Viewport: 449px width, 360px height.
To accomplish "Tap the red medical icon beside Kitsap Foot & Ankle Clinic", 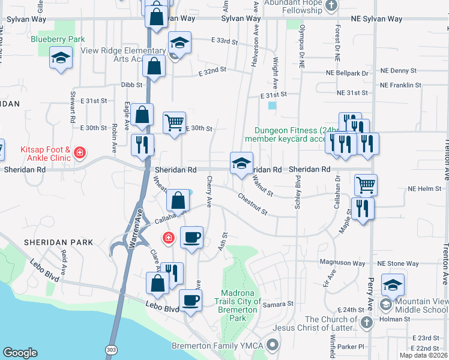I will (79, 155).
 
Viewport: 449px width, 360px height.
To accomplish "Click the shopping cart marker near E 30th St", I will (174, 123).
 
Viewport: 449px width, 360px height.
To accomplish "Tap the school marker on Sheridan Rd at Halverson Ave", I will (241, 163).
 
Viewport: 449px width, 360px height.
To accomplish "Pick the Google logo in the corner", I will (20, 353).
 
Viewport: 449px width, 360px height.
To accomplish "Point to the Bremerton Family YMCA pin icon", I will (274, 345).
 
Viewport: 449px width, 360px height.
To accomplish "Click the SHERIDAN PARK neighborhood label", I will (59, 242).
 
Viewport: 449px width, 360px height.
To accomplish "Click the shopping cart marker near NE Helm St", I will (365, 185).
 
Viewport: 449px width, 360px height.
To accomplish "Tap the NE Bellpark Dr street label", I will (347, 73).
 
